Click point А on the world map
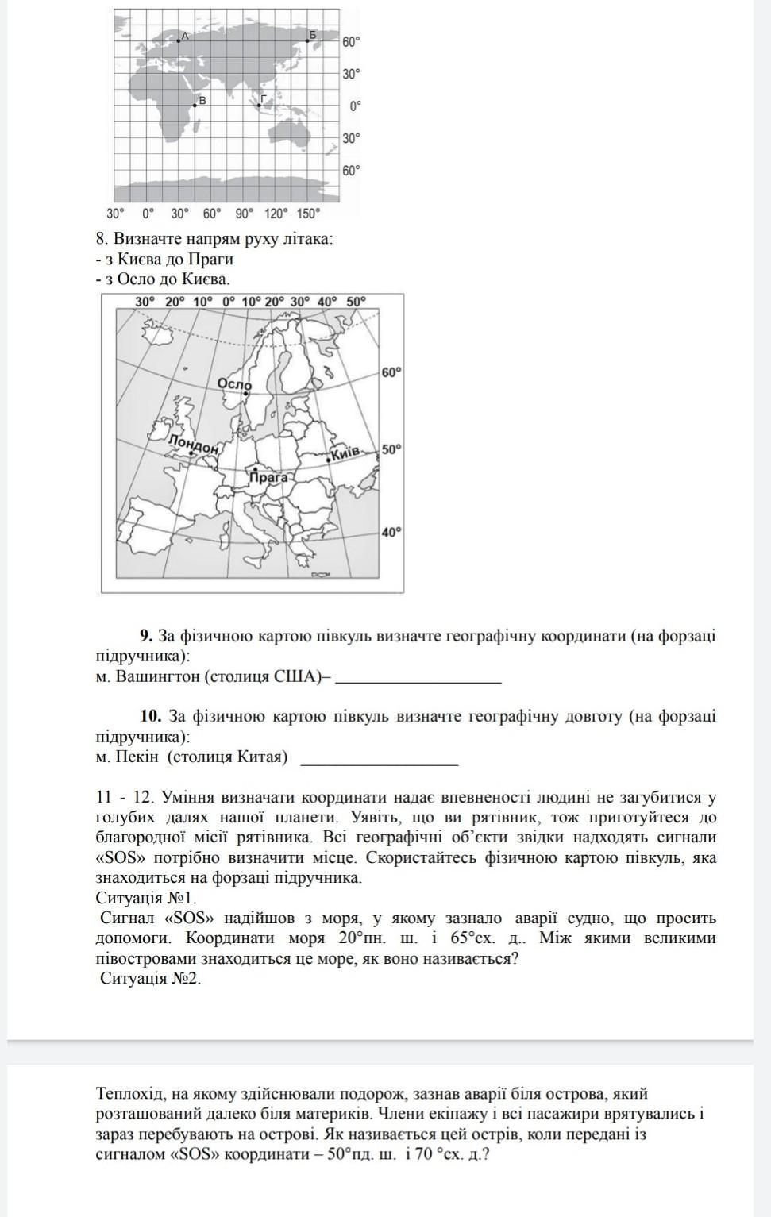coord(179,40)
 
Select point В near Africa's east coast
coord(195,105)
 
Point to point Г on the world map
coord(258,104)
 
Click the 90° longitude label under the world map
coord(243,214)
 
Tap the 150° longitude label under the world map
coord(308,214)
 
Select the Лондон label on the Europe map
coord(193,445)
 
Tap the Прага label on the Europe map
coord(268,477)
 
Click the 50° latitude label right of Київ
coord(391,449)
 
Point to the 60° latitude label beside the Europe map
coord(391,372)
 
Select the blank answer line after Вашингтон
coord(418,680)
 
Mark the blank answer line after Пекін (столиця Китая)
coord(380,762)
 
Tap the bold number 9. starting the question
coord(146,636)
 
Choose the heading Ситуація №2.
coord(150,978)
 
